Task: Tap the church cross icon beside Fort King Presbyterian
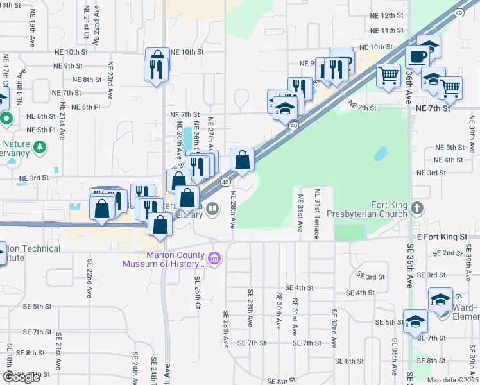(418, 208)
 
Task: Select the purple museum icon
(214, 258)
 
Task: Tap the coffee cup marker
(417, 56)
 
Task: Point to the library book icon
(212, 209)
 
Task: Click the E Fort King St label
(444, 237)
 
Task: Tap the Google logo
(22, 377)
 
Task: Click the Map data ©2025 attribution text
(452, 380)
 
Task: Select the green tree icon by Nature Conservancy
(40, 148)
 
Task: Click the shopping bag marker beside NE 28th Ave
(242, 160)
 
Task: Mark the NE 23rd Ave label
(110, 80)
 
